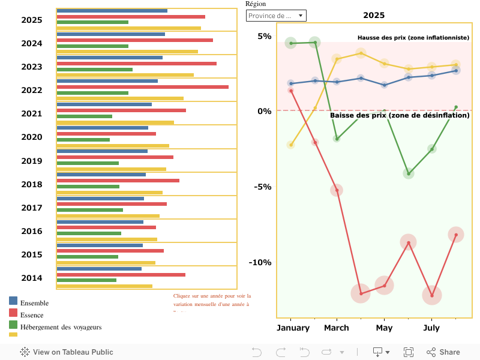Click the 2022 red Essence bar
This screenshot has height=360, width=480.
click(142, 87)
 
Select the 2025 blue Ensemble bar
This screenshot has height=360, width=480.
click(112, 11)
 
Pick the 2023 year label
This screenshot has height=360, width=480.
click(32, 67)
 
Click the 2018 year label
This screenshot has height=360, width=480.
click(32, 184)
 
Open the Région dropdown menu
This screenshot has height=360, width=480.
click(276, 16)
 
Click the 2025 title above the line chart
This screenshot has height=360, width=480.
click(374, 15)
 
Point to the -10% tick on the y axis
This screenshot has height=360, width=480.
click(262, 262)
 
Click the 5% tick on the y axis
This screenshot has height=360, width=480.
click(265, 36)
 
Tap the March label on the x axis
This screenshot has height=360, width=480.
click(337, 328)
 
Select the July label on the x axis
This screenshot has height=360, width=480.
click(431, 328)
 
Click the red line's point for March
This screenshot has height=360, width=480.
click(337, 190)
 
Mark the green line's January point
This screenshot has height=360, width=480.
click(291, 43)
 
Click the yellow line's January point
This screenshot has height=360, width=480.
click(291, 145)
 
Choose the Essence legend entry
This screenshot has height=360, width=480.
click(31, 315)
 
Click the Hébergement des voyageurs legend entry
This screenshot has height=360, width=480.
click(61, 327)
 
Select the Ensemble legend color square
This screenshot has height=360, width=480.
click(13, 301)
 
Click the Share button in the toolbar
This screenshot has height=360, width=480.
click(443, 352)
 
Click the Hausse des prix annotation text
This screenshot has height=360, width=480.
click(413, 37)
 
